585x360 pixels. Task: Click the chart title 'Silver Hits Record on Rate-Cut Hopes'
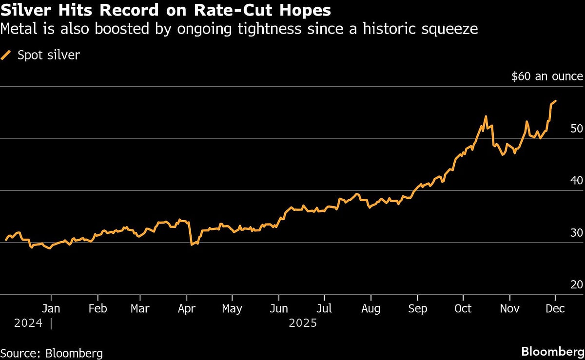coord(166,10)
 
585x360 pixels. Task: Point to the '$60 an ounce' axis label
coord(547,76)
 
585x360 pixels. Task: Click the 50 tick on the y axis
coord(577,129)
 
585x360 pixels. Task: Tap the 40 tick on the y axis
coord(577,181)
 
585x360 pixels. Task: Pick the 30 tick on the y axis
coord(577,233)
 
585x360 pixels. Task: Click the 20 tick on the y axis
coord(577,285)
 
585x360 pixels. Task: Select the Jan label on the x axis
coord(51,309)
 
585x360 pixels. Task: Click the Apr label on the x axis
coord(187,309)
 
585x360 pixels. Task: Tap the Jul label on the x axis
coord(324,309)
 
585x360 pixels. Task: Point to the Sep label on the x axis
coord(417,309)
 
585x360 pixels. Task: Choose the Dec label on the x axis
coord(555,309)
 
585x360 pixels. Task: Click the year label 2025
coord(303,323)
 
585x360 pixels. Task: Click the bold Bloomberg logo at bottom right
coord(552,351)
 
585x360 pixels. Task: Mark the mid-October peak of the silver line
coord(486,116)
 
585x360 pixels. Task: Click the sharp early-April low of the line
coord(192,244)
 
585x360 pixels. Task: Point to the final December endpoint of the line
coord(556,101)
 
